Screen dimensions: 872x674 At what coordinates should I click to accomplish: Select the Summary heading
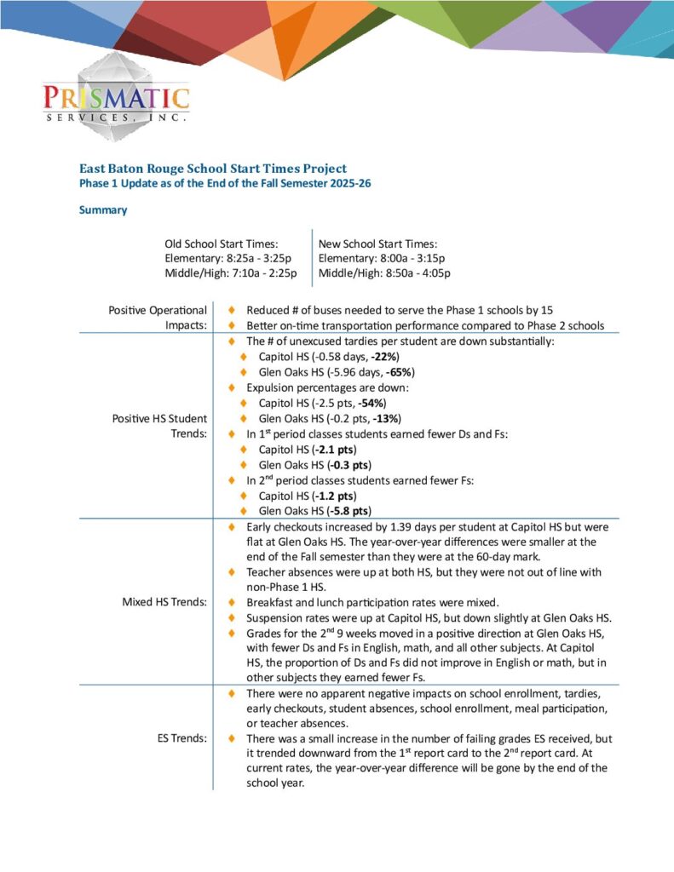click(103, 210)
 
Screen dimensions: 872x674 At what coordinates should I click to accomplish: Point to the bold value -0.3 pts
click(349, 464)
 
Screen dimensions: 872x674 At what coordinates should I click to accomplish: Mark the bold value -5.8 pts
click(349, 511)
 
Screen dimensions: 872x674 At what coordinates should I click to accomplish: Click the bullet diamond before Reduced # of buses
click(232, 311)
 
